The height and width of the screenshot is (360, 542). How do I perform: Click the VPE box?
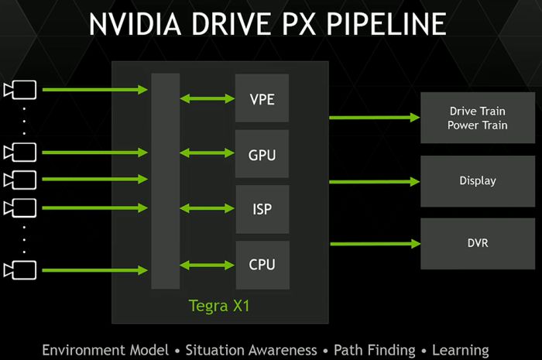(x=262, y=98)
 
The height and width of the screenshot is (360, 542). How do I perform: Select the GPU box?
(x=262, y=154)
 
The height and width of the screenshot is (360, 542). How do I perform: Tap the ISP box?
(x=262, y=209)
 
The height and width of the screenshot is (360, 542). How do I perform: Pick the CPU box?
(x=262, y=265)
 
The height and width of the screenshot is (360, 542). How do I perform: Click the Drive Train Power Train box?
(x=478, y=118)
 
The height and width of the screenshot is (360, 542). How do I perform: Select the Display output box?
(x=478, y=181)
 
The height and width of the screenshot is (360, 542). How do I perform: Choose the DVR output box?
(x=478, y=244)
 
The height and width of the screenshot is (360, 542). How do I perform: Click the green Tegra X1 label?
(x=219, y=306)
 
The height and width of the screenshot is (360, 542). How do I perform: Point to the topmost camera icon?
(x=20, y=90)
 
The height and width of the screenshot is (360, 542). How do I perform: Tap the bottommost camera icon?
(x=20, y=270)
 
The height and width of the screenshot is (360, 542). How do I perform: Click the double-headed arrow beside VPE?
(x=208, y=98)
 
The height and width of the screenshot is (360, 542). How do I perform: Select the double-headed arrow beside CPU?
(x=208, y=265)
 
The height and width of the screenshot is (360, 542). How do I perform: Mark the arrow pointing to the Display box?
(x=374, y=181)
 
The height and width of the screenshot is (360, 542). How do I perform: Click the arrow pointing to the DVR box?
(x=375, y=244)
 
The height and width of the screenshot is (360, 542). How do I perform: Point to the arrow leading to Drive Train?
(x=374, y=118)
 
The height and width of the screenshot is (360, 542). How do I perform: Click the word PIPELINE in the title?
(x=386, y=24)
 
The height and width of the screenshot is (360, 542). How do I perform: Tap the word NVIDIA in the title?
(x=135, y=24)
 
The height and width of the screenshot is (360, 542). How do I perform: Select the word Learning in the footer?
(x=461, y=351)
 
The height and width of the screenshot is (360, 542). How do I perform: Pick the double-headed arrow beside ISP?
(x=208, y=208)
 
